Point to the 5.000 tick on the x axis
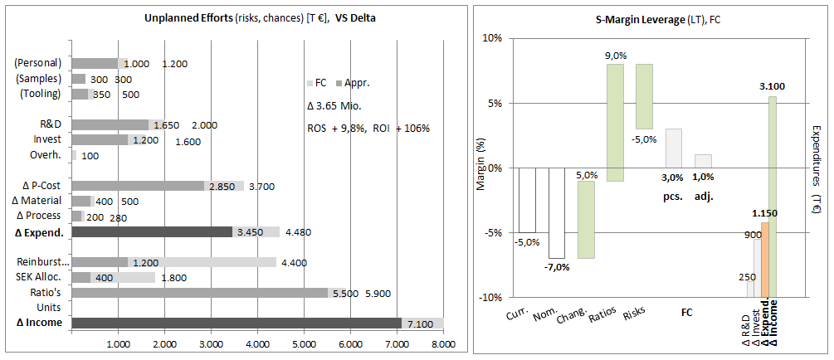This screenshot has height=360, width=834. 304,342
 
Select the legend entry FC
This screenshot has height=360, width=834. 320,83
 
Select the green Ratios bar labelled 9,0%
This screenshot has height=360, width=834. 615,122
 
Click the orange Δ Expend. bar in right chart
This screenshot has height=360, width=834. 764,259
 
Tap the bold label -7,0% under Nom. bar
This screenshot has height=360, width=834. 556,268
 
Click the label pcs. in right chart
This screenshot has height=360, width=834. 672,197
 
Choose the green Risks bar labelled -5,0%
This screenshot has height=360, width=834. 644,96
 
